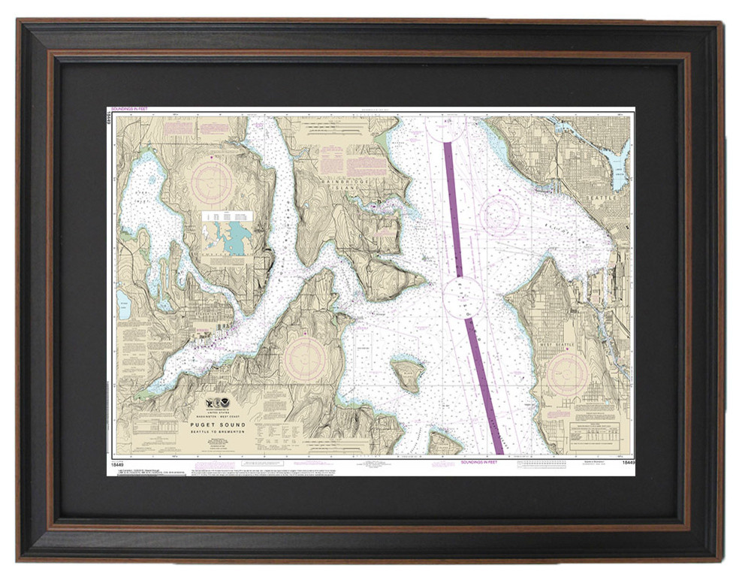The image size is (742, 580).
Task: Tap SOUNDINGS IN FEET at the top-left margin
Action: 132,110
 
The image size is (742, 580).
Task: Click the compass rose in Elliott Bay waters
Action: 499,216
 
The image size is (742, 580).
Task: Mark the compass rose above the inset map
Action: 213,180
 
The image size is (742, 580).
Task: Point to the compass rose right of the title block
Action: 305,358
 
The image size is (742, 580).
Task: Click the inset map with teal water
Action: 228,233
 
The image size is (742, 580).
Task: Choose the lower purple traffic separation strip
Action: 484,386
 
